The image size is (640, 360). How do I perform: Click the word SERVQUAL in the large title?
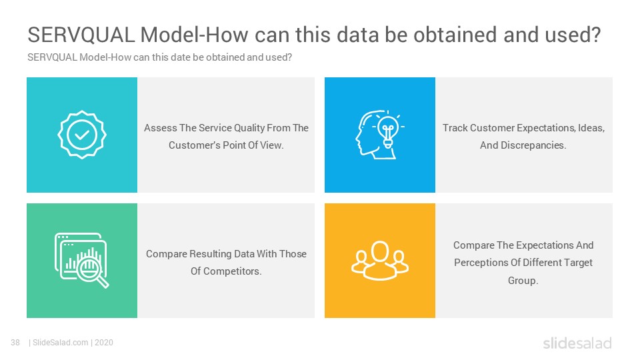(x=81, y=35)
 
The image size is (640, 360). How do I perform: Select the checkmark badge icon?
(x=81, y=135)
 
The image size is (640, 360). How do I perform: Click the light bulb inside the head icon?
(x=387, y=129)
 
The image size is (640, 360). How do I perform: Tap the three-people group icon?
(x=379, y=261)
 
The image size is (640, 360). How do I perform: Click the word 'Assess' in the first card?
(x=161, y=128)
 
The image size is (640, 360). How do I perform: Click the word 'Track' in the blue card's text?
(x=455, y=128)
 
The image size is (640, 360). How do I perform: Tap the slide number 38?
(x=15, y=343)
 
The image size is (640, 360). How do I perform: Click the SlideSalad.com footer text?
(x=61, y=343)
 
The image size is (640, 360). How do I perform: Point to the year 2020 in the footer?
(x=104, y=343)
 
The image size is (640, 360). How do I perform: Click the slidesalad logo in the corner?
(x=577, y=343)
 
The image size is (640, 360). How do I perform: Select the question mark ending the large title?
(x=596, y=35)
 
